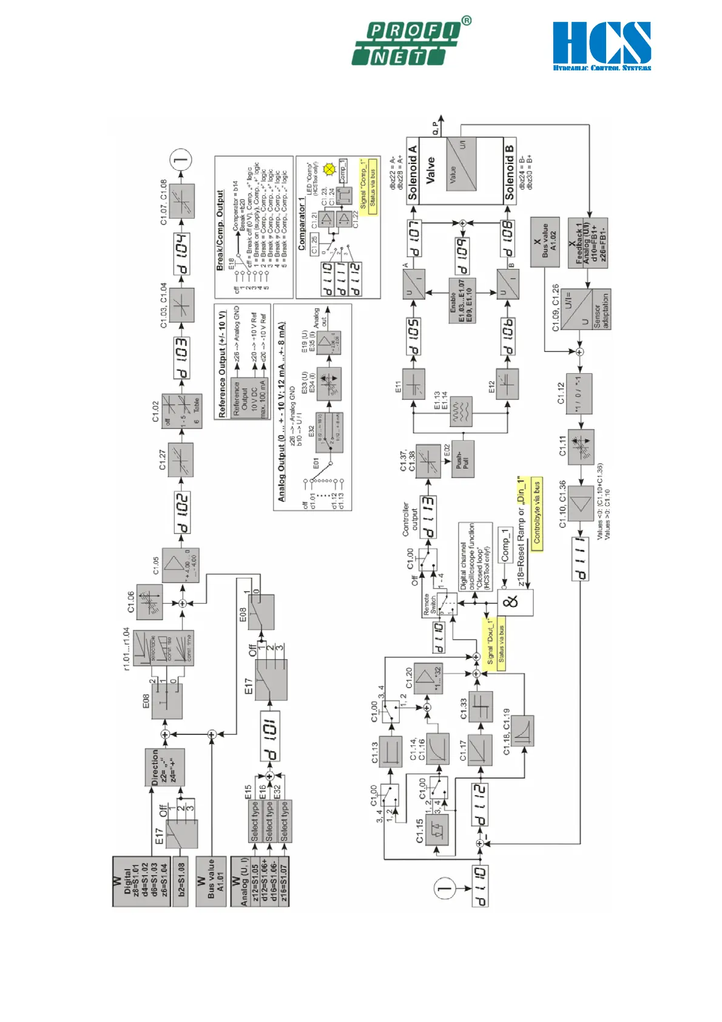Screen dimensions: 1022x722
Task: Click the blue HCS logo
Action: (601, 46)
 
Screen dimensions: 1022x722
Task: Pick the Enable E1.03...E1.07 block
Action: (462, 300)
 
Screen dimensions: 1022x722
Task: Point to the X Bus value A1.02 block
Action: (545, 242)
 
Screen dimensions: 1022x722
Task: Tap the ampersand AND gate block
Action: (516, 602)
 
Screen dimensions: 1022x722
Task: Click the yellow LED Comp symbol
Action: (330, 169)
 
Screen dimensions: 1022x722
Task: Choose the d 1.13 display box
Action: (428, 518)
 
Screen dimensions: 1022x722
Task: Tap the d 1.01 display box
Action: (270, 736)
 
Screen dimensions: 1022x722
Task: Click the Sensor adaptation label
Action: (601, 310)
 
